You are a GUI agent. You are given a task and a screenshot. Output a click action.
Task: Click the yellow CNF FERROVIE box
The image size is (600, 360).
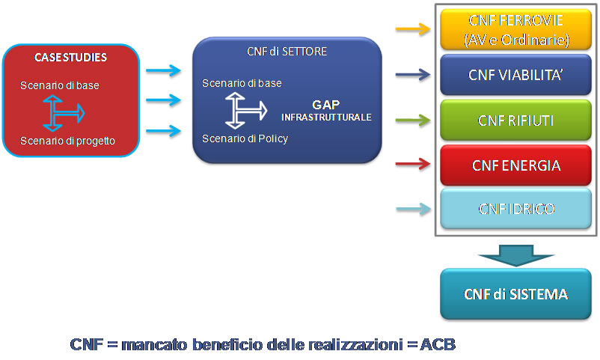point(515,29)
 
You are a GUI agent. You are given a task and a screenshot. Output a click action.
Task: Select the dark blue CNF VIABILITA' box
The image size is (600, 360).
point(515,75)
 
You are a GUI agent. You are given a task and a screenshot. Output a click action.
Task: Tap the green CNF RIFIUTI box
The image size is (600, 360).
point(515,120)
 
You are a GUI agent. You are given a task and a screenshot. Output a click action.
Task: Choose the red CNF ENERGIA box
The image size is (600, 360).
point(515,165)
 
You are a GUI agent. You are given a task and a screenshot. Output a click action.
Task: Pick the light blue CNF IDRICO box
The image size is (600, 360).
point(515,209)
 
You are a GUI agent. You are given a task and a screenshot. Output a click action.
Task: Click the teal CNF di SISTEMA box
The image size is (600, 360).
point(515,293)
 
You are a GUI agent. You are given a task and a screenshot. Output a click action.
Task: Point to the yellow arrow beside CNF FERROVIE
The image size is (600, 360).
point(413,28)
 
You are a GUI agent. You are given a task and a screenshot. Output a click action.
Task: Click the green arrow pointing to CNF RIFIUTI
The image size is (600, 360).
point(413,120)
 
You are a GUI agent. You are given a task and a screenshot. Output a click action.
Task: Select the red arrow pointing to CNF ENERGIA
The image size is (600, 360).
point(413,164)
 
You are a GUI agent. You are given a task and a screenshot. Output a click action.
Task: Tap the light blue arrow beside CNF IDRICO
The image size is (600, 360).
point(413,209)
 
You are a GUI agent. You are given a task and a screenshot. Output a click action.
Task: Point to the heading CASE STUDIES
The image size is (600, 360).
point(71,58)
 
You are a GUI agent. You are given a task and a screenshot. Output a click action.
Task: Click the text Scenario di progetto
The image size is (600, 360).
point(67,141)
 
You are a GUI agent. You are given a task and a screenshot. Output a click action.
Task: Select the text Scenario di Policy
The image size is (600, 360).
point(245,138)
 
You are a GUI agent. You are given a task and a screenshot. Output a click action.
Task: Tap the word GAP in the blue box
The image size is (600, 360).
point(326,105)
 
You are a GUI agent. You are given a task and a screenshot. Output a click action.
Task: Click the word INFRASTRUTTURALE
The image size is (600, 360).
point(326,118)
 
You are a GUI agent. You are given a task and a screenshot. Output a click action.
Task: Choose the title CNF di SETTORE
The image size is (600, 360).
point(287,52)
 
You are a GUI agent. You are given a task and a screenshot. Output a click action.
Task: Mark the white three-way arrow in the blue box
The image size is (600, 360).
point(245,110)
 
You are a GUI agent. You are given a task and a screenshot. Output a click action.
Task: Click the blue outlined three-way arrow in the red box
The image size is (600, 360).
point(62,113)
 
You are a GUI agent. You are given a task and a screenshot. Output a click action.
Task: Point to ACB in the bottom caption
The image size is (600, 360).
point(438,344)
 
